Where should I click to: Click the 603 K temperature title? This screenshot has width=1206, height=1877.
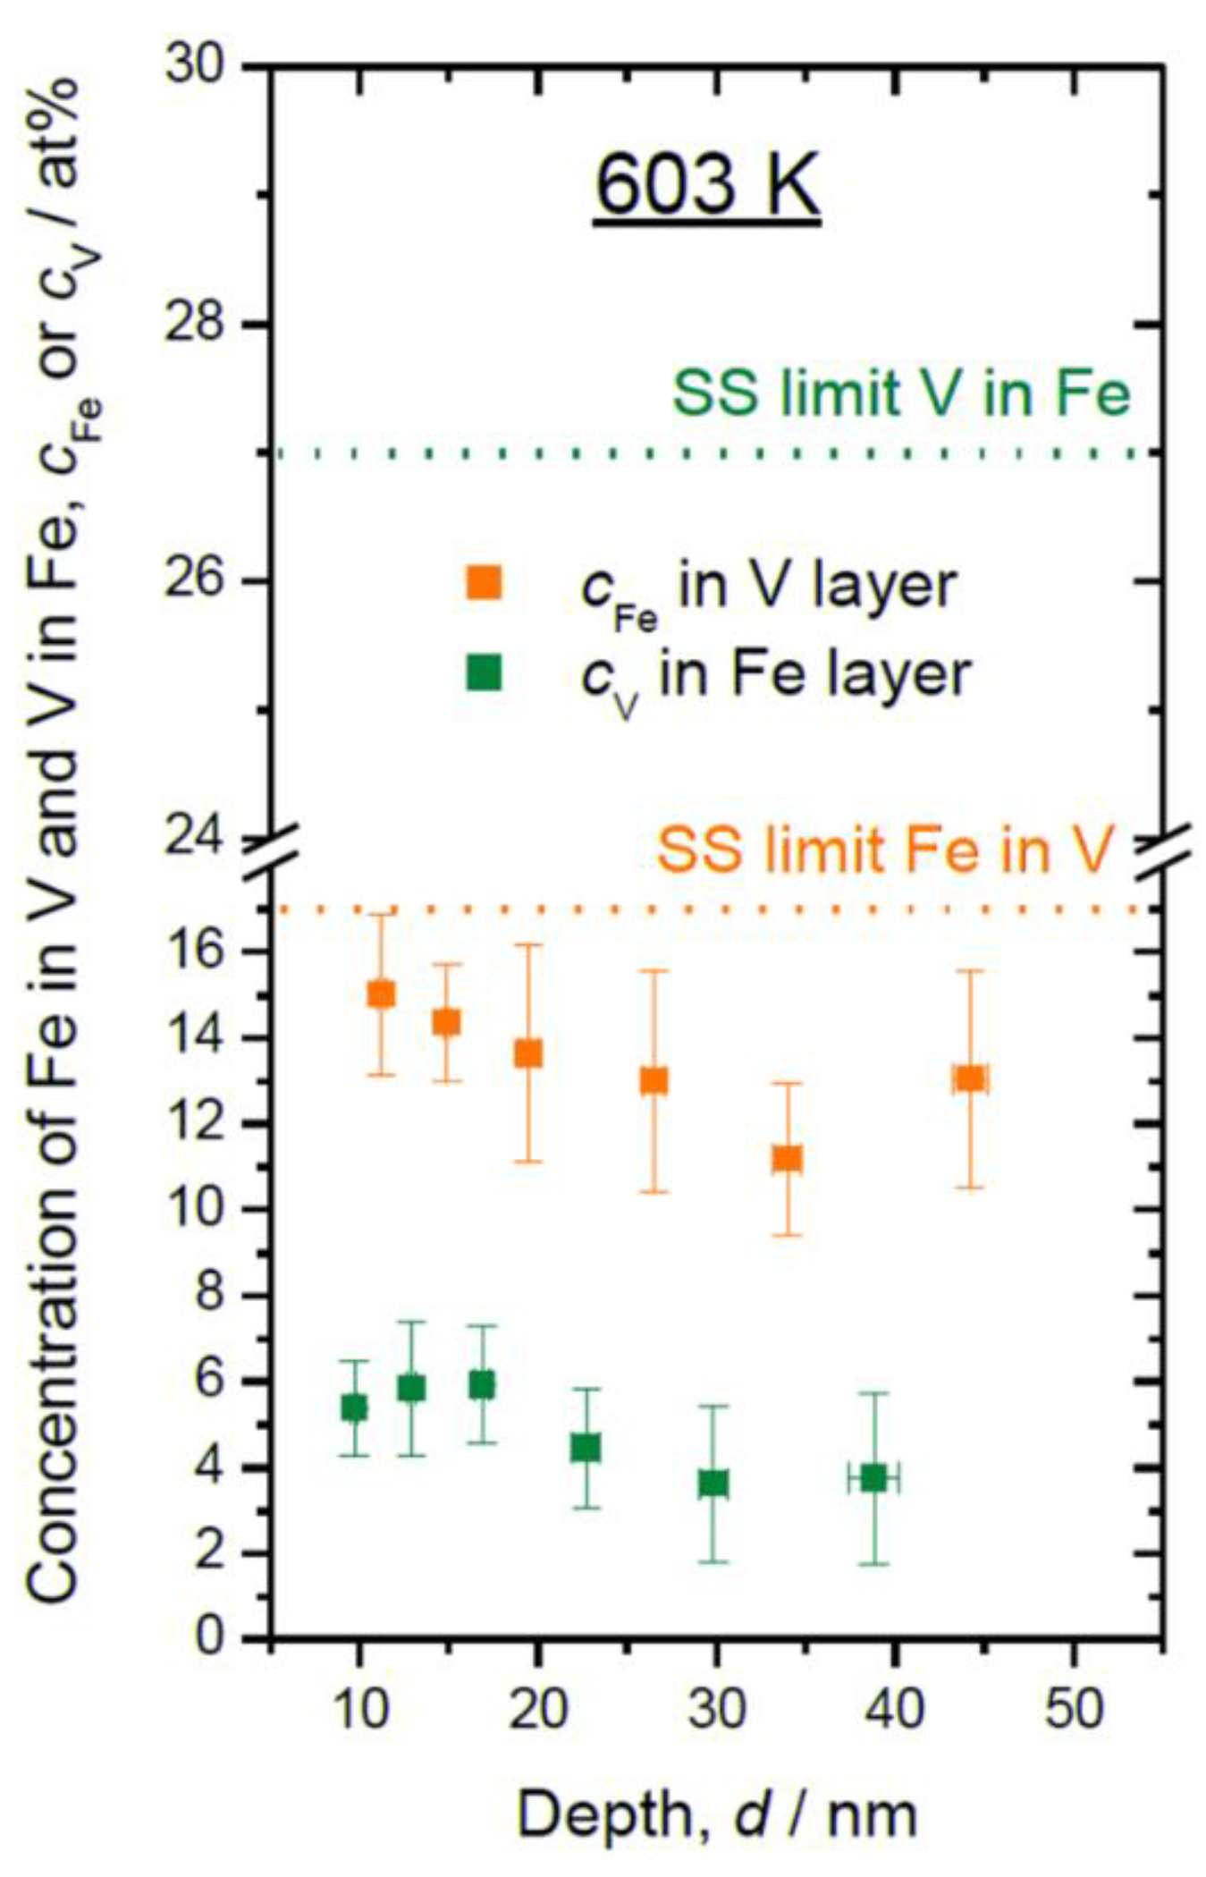point(707,184)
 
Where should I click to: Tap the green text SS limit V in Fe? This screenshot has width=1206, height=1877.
point(900,393)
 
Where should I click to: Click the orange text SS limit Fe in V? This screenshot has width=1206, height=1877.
point(886,850)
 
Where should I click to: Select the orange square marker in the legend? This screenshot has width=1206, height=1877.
point(484,583)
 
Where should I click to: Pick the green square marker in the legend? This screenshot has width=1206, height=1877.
point(484,673)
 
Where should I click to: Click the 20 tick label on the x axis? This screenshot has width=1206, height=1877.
point(537,1710)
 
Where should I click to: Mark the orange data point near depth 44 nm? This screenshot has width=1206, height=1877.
point(969,1078)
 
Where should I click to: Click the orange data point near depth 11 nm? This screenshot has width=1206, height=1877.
point(381,993)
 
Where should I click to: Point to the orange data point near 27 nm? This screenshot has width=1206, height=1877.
point(654,1080)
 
